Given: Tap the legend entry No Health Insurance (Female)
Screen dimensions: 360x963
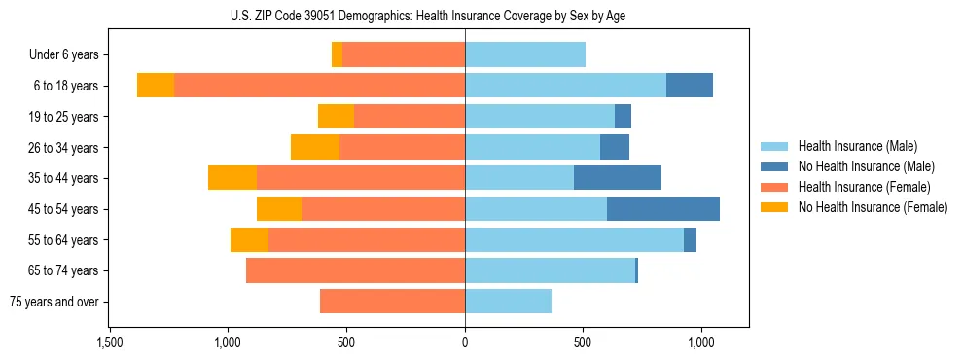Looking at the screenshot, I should [x=873, y=207].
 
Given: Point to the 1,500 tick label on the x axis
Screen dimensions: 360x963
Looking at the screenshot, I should [x=109, y=343].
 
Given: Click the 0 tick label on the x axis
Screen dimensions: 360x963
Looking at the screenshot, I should [x=465, y=343].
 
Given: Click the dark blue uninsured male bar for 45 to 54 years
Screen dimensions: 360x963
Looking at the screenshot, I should [x=663, y=209].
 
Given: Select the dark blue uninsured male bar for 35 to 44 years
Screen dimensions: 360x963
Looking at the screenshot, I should [x=618, y=178].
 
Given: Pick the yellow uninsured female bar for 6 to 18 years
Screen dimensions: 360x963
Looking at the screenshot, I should [x=156, y=86].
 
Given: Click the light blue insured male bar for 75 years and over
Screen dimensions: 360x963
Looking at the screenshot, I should [x=508, y=302].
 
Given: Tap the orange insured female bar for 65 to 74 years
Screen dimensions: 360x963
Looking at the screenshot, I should [x=355, y=270].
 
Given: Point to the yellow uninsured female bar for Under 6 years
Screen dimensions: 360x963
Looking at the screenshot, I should [x=337, y=55].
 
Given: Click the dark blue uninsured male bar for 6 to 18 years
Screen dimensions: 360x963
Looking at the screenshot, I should [x=690, y=86].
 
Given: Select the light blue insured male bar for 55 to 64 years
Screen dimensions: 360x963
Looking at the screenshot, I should [x=574, y=239].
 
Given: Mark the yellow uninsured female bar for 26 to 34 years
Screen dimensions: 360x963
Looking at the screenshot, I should [x=315, y=147].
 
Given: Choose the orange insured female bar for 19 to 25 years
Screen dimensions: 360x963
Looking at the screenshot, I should [x=410, y=117].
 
